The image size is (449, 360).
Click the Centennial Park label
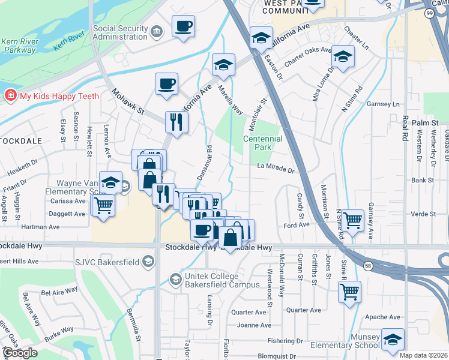point(263,143)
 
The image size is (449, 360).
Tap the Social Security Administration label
point(120,32)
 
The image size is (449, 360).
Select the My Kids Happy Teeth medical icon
point(10,95)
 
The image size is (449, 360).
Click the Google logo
point(20,353)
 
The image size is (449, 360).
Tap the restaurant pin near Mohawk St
point(176,122)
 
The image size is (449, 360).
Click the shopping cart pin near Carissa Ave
point(103,205)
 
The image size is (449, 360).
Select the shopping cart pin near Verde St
point(353,220)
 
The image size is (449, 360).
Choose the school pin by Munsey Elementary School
point(393,340)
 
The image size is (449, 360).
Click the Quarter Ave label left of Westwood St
point(249,312)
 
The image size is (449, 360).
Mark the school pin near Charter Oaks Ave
point(343,56)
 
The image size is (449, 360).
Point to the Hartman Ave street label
point(41,227)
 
